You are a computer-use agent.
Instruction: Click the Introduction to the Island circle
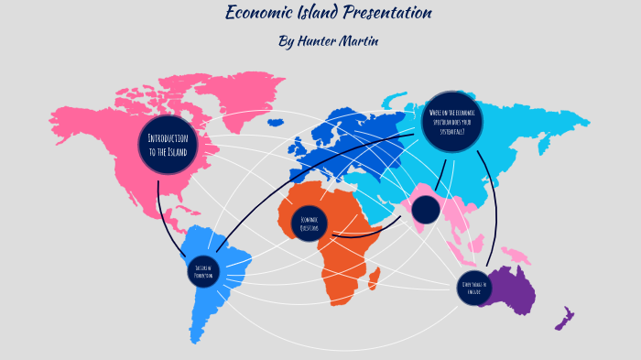(168, 145)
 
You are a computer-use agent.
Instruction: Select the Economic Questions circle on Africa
(309, 223)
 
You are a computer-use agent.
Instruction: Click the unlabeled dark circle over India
(426, 211)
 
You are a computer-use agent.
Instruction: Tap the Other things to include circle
(474, 287)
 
